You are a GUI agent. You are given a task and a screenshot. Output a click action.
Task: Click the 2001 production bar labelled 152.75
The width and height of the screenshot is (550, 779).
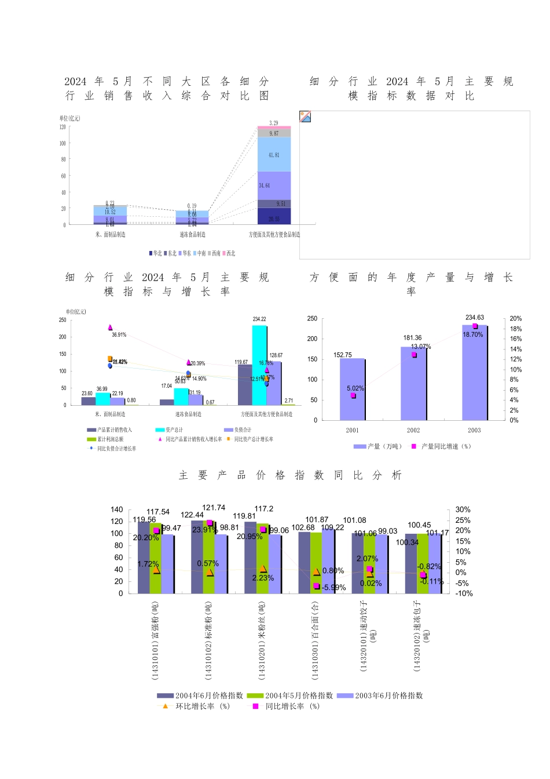pos(352,389)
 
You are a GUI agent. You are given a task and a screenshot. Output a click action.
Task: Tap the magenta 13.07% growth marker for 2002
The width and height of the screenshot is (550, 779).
pos(414,355)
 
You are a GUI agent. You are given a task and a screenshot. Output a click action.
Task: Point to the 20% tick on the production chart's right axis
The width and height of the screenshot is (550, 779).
pos(515,319)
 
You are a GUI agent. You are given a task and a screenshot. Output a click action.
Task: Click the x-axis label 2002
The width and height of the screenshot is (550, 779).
pos(413,430)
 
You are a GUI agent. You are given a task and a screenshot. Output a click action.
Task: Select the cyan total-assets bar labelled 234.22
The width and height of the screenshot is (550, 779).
pos(259,365)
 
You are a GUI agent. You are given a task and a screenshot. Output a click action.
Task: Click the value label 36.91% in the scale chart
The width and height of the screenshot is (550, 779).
pos(119,335)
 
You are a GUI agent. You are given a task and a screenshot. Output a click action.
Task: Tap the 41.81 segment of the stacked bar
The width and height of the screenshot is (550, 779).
pos(274,155)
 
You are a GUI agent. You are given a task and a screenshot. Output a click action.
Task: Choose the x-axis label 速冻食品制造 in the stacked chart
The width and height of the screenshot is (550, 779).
pos(192,235)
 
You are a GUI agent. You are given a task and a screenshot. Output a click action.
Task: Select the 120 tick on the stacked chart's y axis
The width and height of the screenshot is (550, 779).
pos(63,127)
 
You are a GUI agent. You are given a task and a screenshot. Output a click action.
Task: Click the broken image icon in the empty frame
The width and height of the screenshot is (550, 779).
pos(306,117)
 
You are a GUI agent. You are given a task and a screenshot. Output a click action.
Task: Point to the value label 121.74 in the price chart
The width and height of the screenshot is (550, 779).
pos(214,508)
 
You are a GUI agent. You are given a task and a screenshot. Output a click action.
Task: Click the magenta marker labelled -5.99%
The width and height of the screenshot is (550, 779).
pos(317,586)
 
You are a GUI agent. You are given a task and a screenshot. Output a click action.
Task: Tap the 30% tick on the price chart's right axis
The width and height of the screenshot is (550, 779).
pos(463,510)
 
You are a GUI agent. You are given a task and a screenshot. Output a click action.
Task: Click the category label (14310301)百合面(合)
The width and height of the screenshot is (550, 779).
pos(315,640)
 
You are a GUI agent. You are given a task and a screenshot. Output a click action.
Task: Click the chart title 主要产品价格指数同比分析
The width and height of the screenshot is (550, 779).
pos(290,475)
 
